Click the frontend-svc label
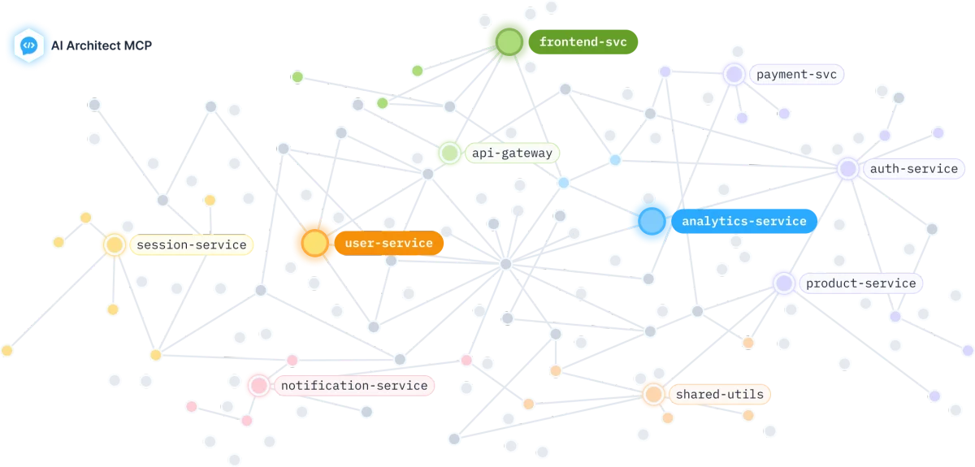[583, 41]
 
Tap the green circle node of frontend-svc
[509, 41]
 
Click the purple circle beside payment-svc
[734, 75]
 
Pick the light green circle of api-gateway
[449, 153]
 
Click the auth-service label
[913, 169]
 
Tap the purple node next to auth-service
[848, 169]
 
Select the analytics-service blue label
[743, 221]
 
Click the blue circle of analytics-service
[652, 221]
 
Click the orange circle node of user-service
[314, 243]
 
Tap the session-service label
[191, 244]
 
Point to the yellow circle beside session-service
[115, 244]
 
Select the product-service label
[860, 283]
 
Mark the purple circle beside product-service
[784, 283]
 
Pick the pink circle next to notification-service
[258, 385]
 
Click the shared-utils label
[719, 395]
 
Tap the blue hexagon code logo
[28, 45]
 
